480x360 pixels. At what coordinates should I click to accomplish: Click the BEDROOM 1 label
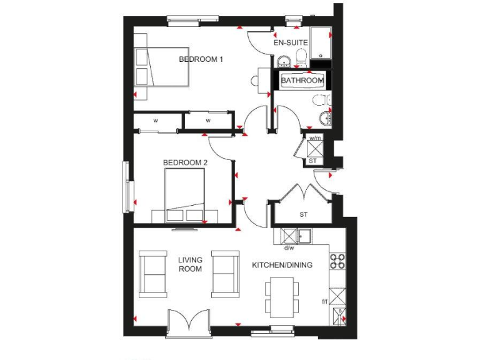(x=201, y=59)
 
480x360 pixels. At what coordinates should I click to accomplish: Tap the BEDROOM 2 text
(x=185, y=162)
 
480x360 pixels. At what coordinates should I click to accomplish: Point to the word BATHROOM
(x=302, y=81)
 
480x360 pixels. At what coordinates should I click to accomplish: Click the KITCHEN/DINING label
(x=282, y=265)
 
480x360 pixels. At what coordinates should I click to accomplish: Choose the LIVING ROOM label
(x=189, y=264)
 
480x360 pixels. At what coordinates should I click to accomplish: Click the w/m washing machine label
(x=314, y=138)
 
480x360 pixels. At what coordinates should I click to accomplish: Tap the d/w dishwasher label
(x=289, y=247)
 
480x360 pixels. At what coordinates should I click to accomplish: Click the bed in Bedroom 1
(x=164, y=67)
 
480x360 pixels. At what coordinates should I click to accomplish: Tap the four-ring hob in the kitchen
(x=337, y=261)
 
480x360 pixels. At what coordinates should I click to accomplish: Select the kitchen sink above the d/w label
(x=304, y=236)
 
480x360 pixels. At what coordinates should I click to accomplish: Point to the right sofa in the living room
(x=225, y=274)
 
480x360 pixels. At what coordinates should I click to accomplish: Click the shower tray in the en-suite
(x=321, y=42)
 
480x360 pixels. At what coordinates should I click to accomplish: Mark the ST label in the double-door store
(x=304, y=215)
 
